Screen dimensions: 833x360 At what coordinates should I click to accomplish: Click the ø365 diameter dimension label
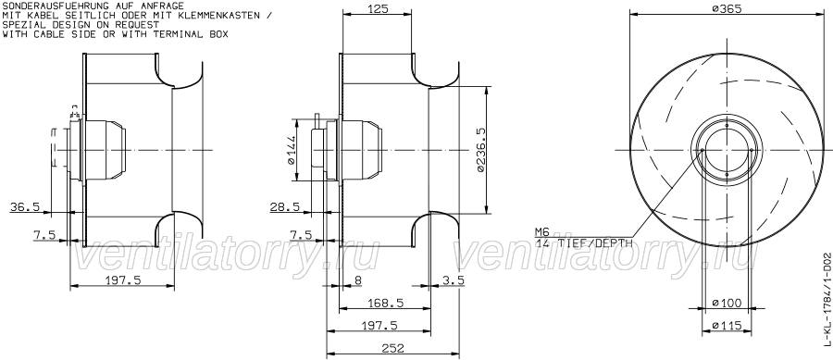(726, 8)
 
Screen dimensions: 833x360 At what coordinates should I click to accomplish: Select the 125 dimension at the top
(378, 8)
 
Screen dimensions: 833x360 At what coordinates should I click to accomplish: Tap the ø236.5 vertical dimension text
(480, 150)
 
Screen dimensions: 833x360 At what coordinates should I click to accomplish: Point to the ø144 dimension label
(291, 150)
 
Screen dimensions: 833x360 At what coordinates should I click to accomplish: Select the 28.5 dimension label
(285, 206)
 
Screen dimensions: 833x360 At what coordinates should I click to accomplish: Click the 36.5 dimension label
(25, 206)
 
